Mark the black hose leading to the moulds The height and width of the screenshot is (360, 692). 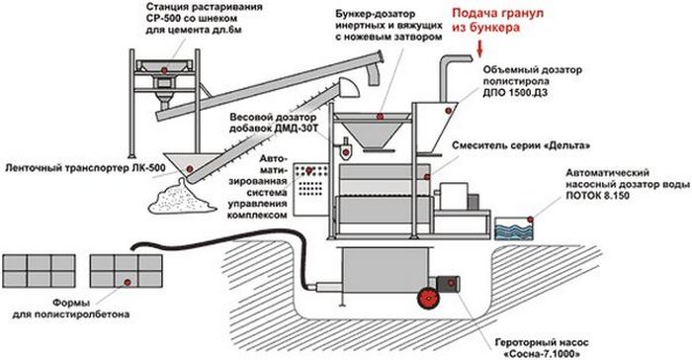click(x=198, y=247)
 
